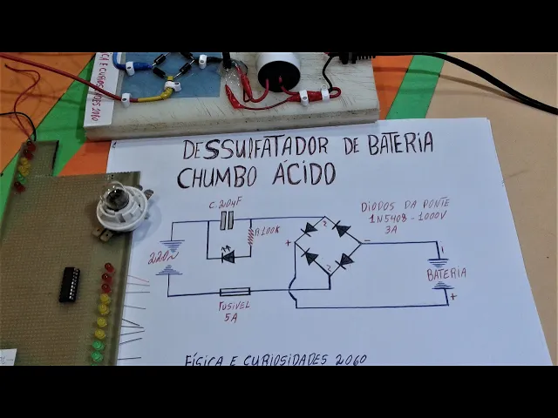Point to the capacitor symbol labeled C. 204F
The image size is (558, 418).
[x=227, y=222]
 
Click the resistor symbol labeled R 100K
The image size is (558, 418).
[x=251, y=236]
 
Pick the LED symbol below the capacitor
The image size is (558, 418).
[x=228, y=256]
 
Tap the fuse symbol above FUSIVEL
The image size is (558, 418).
[x=235, y=292]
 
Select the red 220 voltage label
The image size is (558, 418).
[x=159, y=259]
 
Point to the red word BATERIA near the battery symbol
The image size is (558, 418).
[x=446, y=273]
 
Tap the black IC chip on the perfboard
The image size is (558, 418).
[x=69, y=284]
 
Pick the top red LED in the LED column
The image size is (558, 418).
[x=109, y=268]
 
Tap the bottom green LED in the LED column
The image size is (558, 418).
[x=97, y=355]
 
